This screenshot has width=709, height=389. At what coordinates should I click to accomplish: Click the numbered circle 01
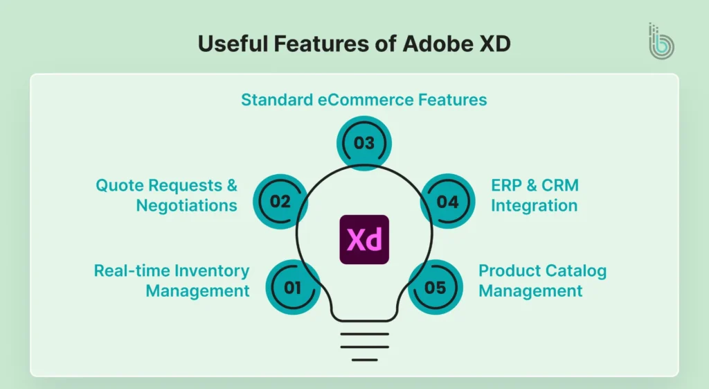[293, 286]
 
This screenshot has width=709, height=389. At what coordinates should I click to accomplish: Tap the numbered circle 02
[280, 202]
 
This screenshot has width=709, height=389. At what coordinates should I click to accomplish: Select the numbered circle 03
[364, 144]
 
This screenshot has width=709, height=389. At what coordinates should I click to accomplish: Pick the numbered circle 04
[448, 202]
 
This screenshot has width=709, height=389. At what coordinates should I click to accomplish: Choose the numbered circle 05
[435, 286]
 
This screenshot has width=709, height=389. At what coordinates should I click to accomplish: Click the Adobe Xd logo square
[364, 239]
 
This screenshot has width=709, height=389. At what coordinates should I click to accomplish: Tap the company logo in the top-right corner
[661, 41]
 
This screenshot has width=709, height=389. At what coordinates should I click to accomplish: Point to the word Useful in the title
[231, 43]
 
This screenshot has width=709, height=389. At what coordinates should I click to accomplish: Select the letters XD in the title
[494, 43]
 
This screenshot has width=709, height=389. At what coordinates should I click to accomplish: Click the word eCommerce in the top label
[364, 100]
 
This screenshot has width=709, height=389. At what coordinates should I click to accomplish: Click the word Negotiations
[186, 205]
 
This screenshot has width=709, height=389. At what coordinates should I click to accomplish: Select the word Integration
[534, 205]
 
